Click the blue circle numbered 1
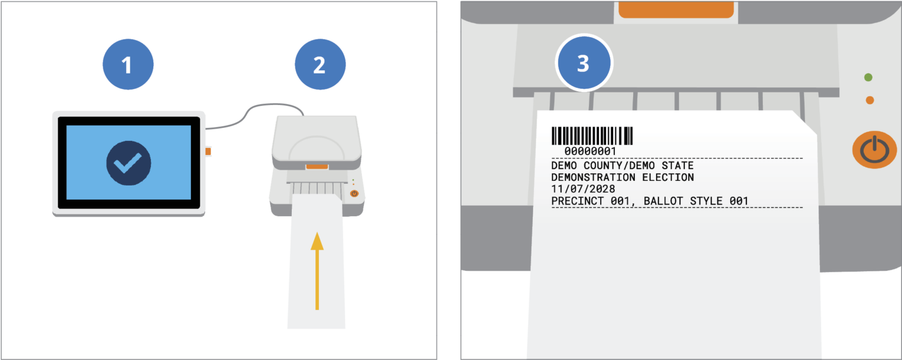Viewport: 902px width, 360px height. click(x=127, y=65)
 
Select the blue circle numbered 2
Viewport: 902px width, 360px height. click(x=319, y=65)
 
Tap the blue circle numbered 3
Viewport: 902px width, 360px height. click(x=583, y=63)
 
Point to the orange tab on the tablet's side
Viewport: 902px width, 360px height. click(x=208, y=152)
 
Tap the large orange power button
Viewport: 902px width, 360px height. click(x=874, y=150)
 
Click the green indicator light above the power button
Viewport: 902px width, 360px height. click(x=869, y=78)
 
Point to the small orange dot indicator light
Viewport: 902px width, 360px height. click(x=870, y=100)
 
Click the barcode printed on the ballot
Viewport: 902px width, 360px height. click(x=592, y=136)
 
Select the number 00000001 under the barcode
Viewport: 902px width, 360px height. click(x=590, y=152)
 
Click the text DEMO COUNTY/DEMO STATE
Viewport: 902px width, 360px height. click(x=622, y=166)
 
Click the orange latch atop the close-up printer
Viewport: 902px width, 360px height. click(x=676, y=9)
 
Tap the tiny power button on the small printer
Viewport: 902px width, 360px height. click(x=354, y=193)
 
